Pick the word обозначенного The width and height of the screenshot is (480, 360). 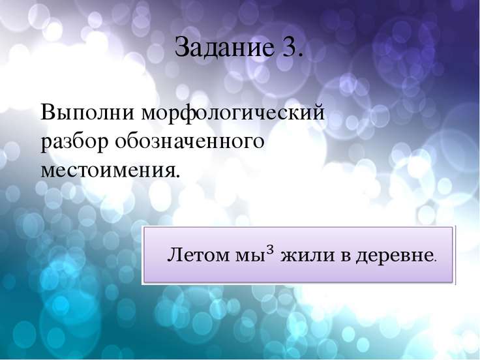pos(190,141)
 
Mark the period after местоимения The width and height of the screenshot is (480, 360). pos(176,176)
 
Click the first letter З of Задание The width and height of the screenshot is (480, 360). pos(181,47)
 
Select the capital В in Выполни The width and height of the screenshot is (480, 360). pos(47,112)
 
